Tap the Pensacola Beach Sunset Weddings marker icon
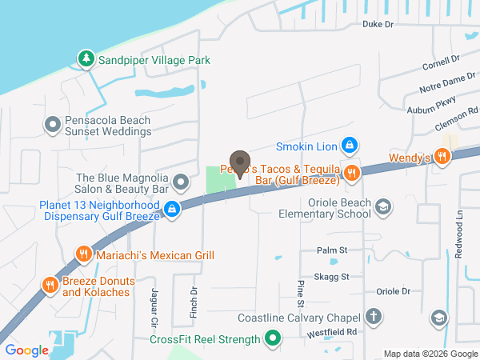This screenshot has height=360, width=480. coord(53,125)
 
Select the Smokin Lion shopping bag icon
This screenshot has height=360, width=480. coord(349,146)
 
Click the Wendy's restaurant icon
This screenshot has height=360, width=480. coord(441,157)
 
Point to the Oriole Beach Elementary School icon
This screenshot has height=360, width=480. coord(383,207)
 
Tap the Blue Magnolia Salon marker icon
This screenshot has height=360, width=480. coord(181,182)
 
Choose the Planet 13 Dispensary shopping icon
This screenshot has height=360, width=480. coord(171,210)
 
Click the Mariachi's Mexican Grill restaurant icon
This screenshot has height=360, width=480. coord(83,255)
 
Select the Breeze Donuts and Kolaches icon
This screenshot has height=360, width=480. coord(50,284)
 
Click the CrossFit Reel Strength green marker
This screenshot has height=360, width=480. coord(273,339)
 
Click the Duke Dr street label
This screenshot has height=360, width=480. coord(378,25)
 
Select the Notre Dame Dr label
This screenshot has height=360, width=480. coord(442,82)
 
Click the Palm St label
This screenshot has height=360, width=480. coord(331,250)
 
